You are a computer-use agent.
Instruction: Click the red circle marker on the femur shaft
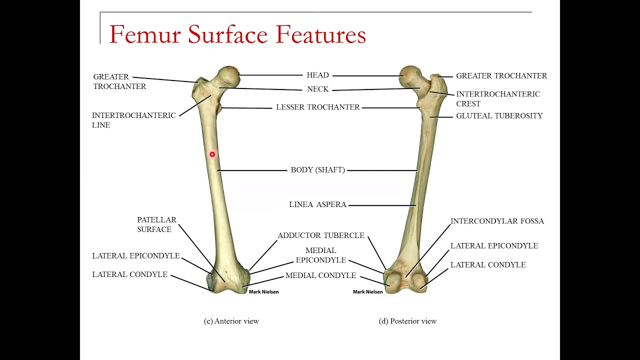[x=212, y=154]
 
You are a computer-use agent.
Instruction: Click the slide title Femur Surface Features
[x=237, y=34]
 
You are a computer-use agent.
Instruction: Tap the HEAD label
[x=318, y=75]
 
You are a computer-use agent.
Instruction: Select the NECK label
[x=318, y=89]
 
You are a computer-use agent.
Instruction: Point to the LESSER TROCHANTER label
[x=318, y=107]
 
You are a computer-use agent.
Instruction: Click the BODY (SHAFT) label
[x=318, y=170]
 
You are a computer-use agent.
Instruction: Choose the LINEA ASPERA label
[x=318, y=205]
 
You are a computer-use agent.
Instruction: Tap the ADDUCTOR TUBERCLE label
[x=321, y=235]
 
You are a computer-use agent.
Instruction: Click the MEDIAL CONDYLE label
[x=321, y=275]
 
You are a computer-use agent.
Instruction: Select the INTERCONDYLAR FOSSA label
[x=497, y=221]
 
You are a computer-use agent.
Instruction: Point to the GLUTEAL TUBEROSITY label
[x=499, y=116]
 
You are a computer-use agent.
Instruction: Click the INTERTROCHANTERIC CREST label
[x=498, y=99]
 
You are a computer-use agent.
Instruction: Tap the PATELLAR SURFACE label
[x=157, y=224]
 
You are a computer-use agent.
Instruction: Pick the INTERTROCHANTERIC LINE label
[x=134, y=120]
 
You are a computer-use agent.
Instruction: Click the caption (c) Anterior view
[x=231, y=321]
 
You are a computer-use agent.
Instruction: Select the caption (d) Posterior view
[x=408, y=321]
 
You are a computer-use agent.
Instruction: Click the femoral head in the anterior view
[x=229, y=75]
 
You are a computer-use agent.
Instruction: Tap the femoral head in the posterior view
[x=411, y=75]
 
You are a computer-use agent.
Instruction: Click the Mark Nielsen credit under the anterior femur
[x=263, y=292]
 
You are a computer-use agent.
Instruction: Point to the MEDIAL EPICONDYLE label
[x=321, y=255]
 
